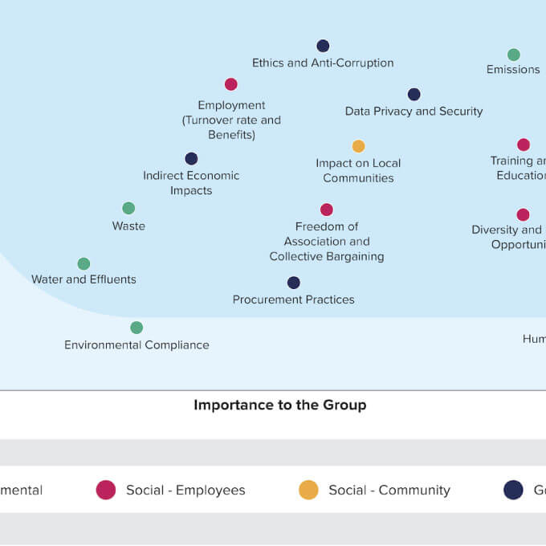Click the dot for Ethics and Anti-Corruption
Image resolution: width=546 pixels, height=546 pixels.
pyautogui.click(x=323, y=46)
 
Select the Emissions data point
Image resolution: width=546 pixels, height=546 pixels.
pyautogui.click(x=514, y=55)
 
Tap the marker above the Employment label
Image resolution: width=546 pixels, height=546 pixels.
pyautogui.click(x=231, y=84)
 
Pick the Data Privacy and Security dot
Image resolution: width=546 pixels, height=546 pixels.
pyautogui.click(x=414, y=94)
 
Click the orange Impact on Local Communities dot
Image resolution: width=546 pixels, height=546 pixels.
pyautogui.click(x=358, y=146)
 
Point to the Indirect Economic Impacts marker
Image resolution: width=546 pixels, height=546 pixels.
pyautogui.click(x=191, y=159)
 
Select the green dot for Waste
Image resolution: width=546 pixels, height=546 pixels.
pyautogui.click(x=128, y=209)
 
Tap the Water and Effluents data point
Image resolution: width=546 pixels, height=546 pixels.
pyautogui.click(x=84, y=264)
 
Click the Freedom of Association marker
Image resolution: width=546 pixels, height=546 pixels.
pyautogui.click(x=327, y=210)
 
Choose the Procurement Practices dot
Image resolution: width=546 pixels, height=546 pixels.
pyautogui.click(x=294, y=283)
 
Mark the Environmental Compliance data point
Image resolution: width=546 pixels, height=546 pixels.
pyautogui.click(x=136, y=328)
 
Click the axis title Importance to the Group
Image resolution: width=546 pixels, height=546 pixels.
pyautogui.click(x=280, y=405)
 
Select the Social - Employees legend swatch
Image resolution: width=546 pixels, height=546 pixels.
pyautogui.click(x=106, y=490)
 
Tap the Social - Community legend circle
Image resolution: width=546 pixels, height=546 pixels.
pyautogui.click(x=308, y=490)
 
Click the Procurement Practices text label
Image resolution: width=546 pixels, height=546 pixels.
pyautogui.click(x=294, y=299)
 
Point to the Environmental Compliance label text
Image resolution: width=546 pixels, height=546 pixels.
pyautogui.click(x=136, y=345)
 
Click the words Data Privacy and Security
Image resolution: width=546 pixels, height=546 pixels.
pyautogui.click(x=414, y=112)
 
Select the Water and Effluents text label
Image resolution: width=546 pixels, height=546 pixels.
pyautogui.click(x=84, y=279)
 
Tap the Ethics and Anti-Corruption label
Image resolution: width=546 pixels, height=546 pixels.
pyautogui.click(x=323, y=63)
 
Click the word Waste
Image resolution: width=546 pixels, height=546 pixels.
pyautogui.click(x=128, y=226)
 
